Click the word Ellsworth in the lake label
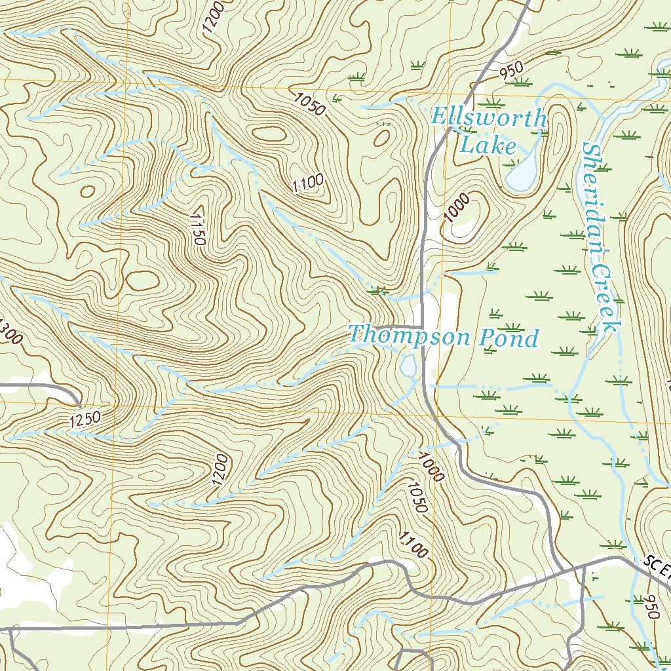488,119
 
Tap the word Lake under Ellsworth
488,145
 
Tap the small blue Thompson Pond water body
408,367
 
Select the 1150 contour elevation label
197,228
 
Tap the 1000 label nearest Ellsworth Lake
457,208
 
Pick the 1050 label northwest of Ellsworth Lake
310,104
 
